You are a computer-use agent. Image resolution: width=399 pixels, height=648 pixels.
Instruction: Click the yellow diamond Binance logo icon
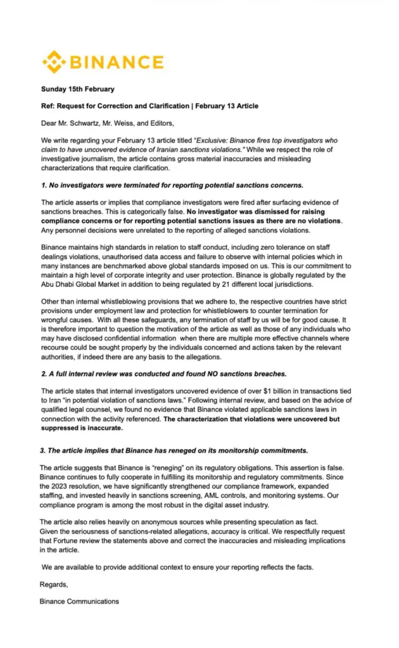click(53, 62)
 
